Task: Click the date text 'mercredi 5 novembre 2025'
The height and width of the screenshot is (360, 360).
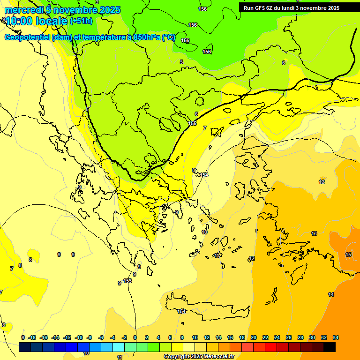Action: click(x=62, y=10)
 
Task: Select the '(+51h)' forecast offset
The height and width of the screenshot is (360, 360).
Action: click(x=81, y=21)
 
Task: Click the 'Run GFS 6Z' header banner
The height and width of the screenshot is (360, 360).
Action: click(x=291, y=7)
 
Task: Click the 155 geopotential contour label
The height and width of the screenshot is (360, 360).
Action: click(x=192, y=123)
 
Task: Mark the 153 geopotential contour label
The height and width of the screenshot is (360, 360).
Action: click(x=127, y=281)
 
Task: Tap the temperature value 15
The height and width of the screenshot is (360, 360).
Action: click(x=348, y=255)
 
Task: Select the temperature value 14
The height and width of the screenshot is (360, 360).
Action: click(x=331, y=294)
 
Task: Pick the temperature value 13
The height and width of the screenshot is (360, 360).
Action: click(x=314, y=233)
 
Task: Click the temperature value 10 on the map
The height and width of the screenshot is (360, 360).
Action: click(x=204, y=232)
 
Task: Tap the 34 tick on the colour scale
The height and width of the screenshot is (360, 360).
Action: click(x=336, y=337)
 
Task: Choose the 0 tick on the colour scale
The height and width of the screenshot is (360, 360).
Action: click(x=135, y=337)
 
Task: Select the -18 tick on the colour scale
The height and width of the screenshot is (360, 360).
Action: click(x=32, y=337)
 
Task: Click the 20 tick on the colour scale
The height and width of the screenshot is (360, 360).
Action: click(x=254, y=337)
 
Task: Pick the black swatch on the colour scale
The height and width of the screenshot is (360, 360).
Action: click(x=330, y=347)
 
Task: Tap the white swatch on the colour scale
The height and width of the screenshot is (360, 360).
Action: click(x=189, y=347)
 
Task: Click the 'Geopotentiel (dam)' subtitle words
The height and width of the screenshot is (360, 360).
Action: click(x=37, y=37)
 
